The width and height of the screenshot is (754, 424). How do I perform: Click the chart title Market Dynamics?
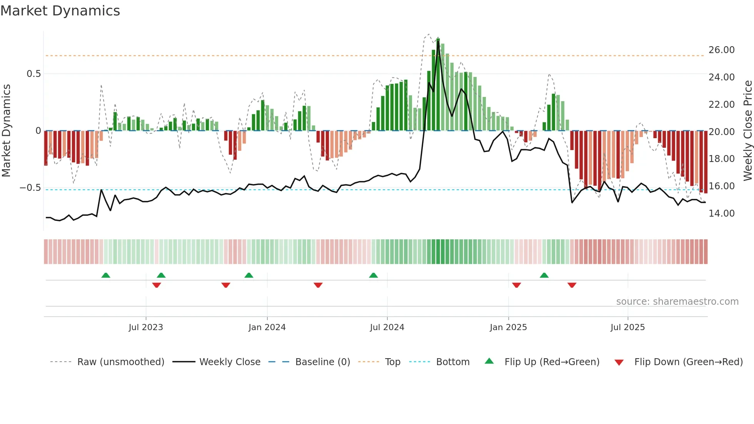point(60,11)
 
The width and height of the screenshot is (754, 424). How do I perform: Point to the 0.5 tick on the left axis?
point(34,74)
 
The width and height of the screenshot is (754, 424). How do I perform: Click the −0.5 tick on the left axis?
point(30,188)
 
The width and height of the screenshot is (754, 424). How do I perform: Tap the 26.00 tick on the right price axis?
point(721,50)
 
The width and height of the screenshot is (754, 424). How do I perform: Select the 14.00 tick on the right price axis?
point(721,214)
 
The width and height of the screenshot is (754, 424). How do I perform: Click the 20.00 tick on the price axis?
point(721,132)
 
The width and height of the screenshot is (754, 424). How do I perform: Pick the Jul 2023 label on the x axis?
point(146,327)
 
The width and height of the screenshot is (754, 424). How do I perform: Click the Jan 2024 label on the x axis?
point(267,327)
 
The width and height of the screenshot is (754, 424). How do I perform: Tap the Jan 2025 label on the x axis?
point(508,327)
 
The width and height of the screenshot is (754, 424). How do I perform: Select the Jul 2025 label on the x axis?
point(627,327)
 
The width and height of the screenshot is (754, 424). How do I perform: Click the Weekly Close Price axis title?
point(747,131)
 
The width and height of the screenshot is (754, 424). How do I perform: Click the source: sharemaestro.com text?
point(677,302)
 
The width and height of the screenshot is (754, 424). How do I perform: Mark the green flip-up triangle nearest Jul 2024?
point(373,275)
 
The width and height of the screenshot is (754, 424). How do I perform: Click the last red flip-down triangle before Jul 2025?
point(572,285)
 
